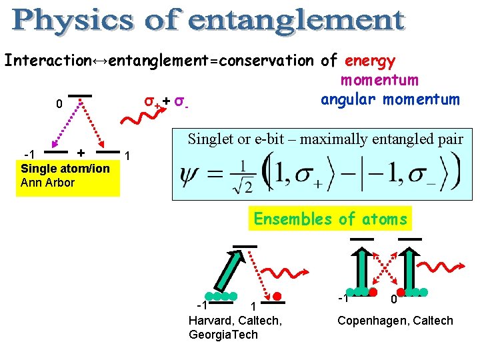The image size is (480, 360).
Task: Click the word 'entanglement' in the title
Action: [297, 21]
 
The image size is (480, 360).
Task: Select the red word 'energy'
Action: [371, 61]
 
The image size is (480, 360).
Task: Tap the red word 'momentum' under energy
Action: [379, 80]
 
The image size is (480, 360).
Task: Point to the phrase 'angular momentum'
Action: [390, 100]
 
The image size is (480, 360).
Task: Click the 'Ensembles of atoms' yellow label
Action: [330, 219]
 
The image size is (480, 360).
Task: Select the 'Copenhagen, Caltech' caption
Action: [395, 321]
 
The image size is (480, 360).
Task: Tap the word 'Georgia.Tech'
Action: [223, 334]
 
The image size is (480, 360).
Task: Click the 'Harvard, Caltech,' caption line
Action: [235, 321]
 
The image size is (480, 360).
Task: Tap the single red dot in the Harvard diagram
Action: [277, 295]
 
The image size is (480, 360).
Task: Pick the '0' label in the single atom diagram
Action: [59, 105]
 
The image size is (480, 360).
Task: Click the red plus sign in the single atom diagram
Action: [81, 152]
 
